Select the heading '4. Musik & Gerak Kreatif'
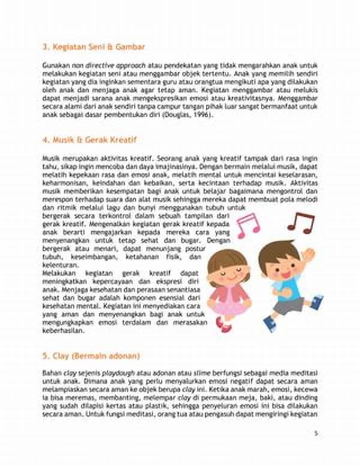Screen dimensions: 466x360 [90, 140]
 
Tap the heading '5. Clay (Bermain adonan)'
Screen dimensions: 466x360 [91, 355]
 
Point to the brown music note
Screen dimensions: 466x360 [300, 222]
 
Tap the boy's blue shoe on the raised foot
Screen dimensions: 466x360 [316, 301]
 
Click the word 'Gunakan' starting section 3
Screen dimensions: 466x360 [53, 63]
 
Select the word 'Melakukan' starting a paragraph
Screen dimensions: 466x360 [58, 273]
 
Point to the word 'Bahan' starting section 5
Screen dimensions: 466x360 [50, 373]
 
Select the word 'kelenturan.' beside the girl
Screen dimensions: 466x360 [61, 265]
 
